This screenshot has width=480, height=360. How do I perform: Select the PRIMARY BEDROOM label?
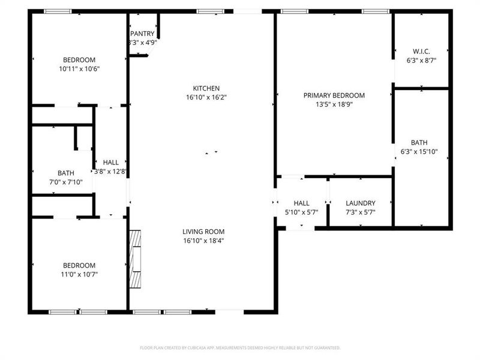(334, 95)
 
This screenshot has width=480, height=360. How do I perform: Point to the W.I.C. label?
(421, 51)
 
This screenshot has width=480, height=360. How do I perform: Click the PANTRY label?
(142, 34)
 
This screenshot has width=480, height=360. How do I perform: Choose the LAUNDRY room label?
(361, 203)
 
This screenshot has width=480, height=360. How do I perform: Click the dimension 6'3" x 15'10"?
(419, 152)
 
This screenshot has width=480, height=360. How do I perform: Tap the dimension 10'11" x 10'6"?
(79, 68)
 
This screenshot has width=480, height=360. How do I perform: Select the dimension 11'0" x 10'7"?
(79, 274)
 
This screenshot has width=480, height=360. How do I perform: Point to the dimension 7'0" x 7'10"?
(66, 182)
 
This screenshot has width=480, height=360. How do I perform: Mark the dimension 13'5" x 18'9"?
(334, 104)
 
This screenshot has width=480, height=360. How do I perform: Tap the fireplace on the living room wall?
(137, 258)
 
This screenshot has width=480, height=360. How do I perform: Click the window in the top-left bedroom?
(58, 11)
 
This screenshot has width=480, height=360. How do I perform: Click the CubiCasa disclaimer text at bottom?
(240, 347)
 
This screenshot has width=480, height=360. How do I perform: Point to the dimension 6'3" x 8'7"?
(421, 61)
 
